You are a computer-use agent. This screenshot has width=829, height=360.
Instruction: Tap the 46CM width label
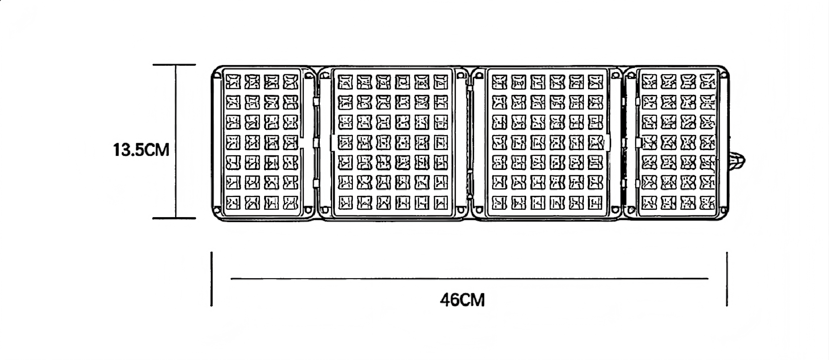point(462,300)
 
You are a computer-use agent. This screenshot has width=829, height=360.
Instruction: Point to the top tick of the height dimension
point(174,65)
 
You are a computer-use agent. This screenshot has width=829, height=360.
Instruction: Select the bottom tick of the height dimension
point(174,218)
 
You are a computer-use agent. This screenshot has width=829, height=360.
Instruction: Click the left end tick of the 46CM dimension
point(212,279)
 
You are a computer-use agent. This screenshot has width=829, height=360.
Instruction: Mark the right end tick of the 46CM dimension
point(727,279)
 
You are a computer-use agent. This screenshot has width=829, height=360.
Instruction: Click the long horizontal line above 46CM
point(470,279)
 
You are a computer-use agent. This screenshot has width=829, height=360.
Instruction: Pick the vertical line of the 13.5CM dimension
point(176,141)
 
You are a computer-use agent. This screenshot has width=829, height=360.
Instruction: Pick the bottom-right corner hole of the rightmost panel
point(724,210)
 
